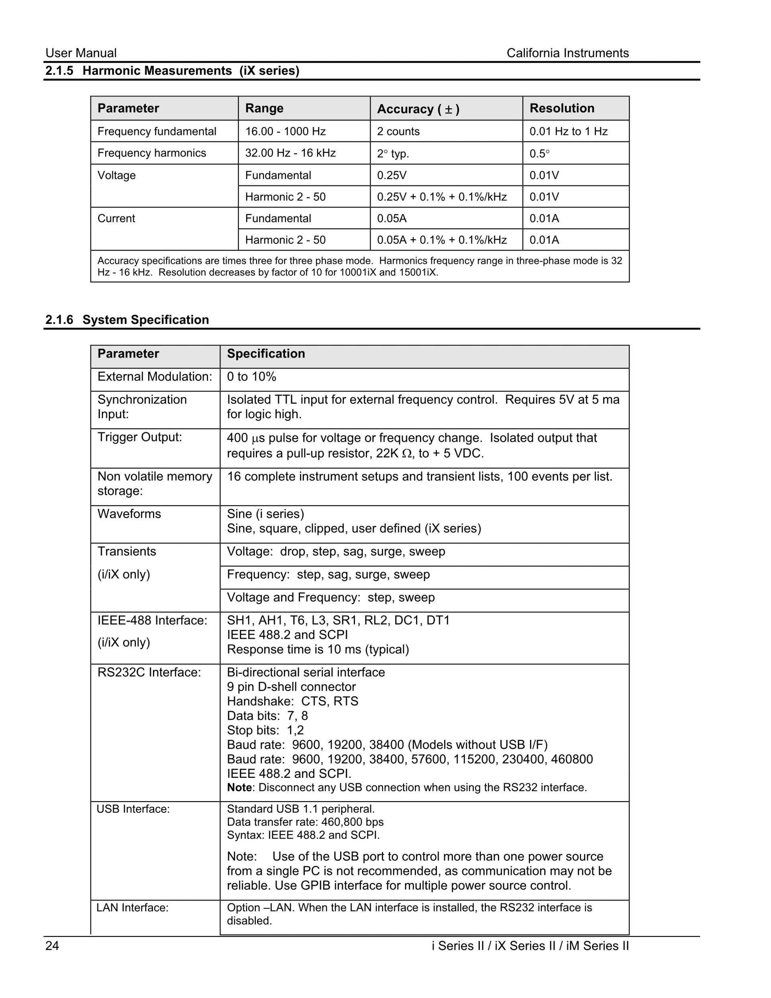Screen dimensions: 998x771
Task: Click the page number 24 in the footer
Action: click(52, 946)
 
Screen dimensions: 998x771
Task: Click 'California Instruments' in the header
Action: click(567, 53)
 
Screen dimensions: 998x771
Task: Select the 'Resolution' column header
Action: click(562, 108)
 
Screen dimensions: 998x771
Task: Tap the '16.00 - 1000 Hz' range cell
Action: click(285, 132)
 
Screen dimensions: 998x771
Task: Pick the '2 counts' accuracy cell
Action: click(398, 132)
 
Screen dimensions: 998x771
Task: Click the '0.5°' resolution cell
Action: click(539, 153)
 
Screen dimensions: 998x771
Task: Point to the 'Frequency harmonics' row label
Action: click(152, 153)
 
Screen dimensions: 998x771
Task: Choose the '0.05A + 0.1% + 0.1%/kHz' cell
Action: click(442, 240)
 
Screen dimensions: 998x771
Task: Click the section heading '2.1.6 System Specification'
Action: click(127, 320)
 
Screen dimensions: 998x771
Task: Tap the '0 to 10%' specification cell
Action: click(251, 377)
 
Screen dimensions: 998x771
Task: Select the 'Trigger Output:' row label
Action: click(139, 437)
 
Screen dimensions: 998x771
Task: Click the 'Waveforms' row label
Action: click(129, 514)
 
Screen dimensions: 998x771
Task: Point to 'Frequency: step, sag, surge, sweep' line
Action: click(328, 575)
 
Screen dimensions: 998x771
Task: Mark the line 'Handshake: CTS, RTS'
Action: click(292, 701)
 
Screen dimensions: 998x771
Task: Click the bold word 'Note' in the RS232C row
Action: click(239, 787)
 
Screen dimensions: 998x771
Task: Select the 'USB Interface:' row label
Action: click(133, 809)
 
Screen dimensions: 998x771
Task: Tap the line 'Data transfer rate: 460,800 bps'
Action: click(305, 822)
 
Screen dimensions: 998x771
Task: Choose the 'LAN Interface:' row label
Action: click(133, 908)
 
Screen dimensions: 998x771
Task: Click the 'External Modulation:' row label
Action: click(154, 377)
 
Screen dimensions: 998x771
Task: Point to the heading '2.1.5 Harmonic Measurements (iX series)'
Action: click(172, 71)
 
